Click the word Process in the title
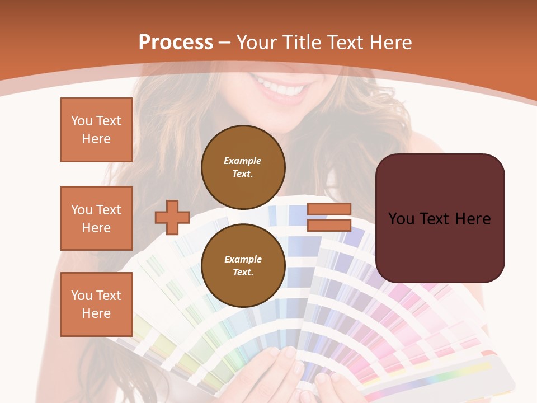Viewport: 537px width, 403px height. pos(176,43)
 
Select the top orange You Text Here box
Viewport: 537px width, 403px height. pos(96,130)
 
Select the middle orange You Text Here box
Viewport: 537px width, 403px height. pos(96,218)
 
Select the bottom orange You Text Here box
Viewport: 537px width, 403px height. pos(96,304)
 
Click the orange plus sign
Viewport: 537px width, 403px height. pos(172,217)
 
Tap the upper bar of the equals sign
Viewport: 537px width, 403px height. pos(329,209)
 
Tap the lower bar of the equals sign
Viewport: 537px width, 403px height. pos(329,226)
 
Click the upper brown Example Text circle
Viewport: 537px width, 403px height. pos(243,167)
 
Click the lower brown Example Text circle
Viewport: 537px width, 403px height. pos(243,266)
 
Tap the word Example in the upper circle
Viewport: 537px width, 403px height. pos(243,161)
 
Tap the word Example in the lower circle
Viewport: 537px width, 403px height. pos(243,259)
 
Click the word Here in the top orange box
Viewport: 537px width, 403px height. pos(96,139)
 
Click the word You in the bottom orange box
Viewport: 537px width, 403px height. pos(81,296)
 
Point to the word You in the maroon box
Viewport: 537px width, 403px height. pos(401,219)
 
